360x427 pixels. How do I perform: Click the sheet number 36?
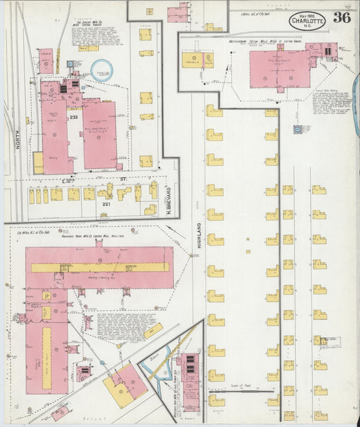coord(342,18)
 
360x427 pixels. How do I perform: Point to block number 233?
coord(73,117)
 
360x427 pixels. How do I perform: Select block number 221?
coord(106,203)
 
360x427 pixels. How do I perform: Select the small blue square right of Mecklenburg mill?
coord(298,128)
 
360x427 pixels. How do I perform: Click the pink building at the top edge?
coord(178,12)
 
